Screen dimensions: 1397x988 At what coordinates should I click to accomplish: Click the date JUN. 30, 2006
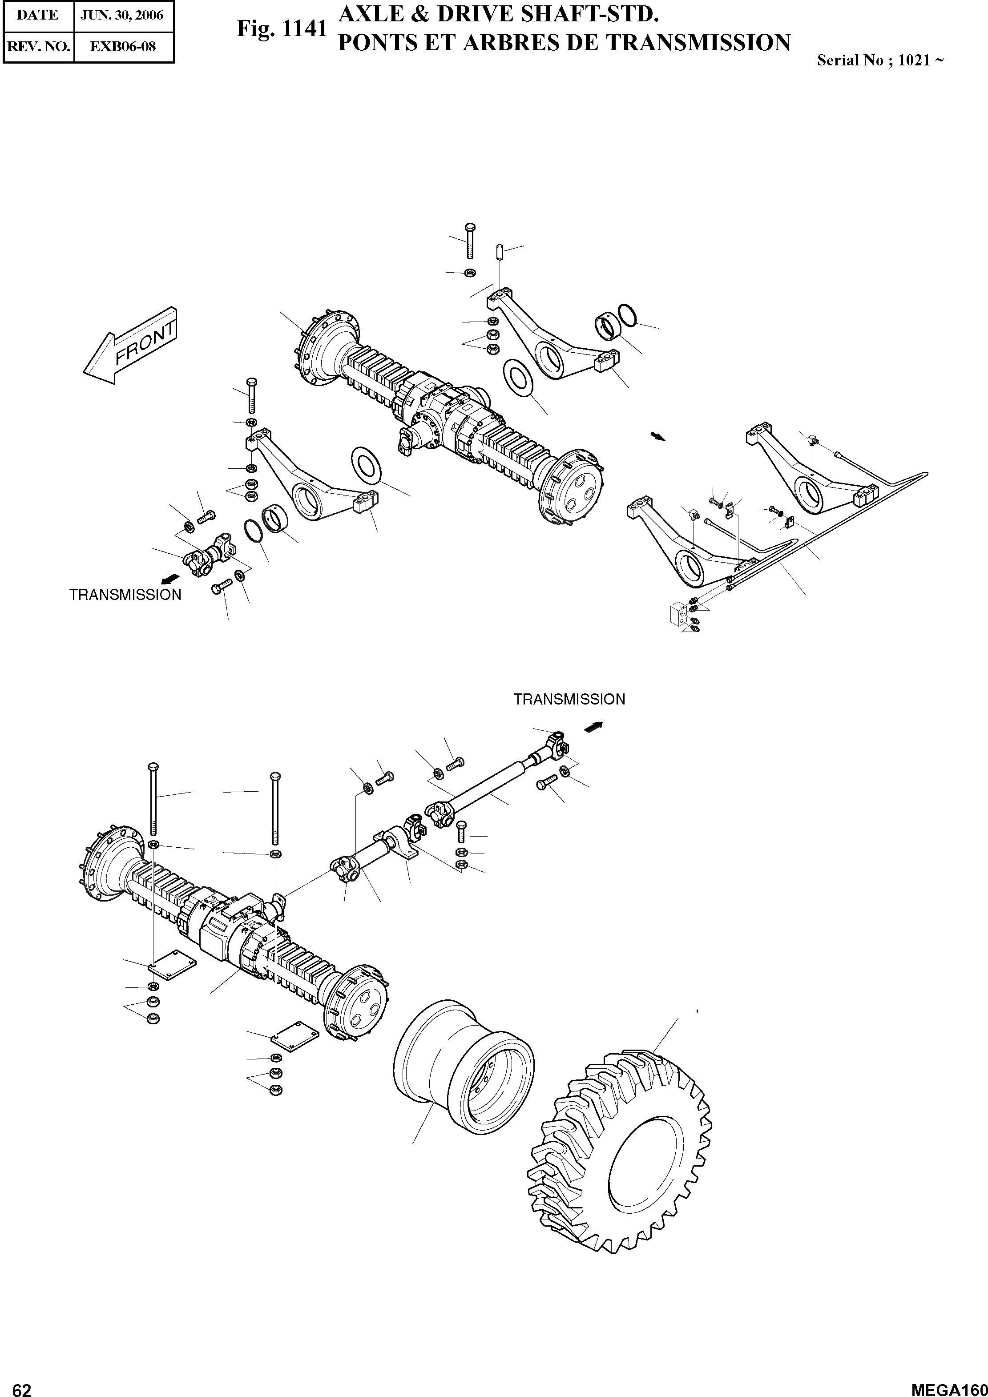click(122, 15)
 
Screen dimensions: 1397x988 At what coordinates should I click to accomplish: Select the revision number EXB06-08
click(123, 46)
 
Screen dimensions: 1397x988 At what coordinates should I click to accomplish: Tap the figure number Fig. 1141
click(282, 28)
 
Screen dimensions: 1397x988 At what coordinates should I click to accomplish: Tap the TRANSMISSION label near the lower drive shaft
click(569, 699)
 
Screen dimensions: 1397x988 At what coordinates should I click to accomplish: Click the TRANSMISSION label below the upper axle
click(125, 595)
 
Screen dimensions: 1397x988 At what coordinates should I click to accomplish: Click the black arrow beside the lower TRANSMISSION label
click(594, 726)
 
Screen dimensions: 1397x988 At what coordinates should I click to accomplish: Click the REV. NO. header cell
click(38, 46)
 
